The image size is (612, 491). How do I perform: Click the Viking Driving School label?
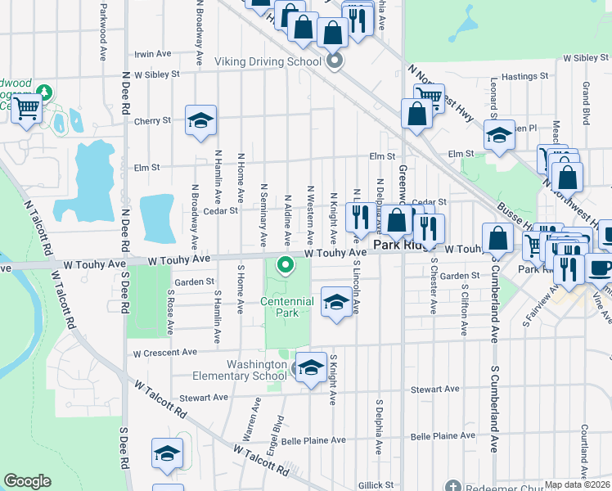click(x=268, y=61)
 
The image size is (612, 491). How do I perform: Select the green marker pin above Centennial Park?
click(x=286, y=264)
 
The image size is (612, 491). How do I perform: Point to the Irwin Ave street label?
click(x=153, y=54)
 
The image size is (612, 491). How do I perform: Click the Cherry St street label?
click(x=152, y=119)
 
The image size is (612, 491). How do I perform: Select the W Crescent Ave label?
click(x=165, y=352)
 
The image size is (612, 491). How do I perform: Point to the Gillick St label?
click(x=376, y=484)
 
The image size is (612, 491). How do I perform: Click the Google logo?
click(x=28, y=481)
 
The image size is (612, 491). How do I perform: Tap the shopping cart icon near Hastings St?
click(x=429, y=97)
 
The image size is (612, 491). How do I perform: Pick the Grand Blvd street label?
click(x=587, y=97)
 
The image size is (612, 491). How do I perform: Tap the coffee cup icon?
click(x=601, y=268)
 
